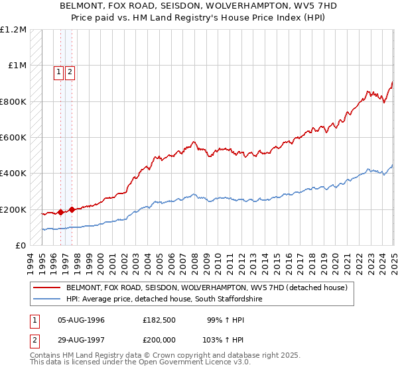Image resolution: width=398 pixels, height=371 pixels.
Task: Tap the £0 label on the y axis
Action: (21, 246)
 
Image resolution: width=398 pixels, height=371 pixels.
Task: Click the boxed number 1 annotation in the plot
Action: (58, 73)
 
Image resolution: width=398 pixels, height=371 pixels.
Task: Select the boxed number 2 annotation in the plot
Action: (70, 73)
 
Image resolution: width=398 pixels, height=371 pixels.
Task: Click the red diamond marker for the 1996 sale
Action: (60, 213)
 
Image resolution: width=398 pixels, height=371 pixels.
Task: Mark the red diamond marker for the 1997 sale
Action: (72, 209)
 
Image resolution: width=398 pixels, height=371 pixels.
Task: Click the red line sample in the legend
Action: (47, 288)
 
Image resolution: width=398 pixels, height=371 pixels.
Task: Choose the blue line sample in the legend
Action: (47, 299)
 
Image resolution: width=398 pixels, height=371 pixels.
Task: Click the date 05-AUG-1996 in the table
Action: (82, 320)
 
